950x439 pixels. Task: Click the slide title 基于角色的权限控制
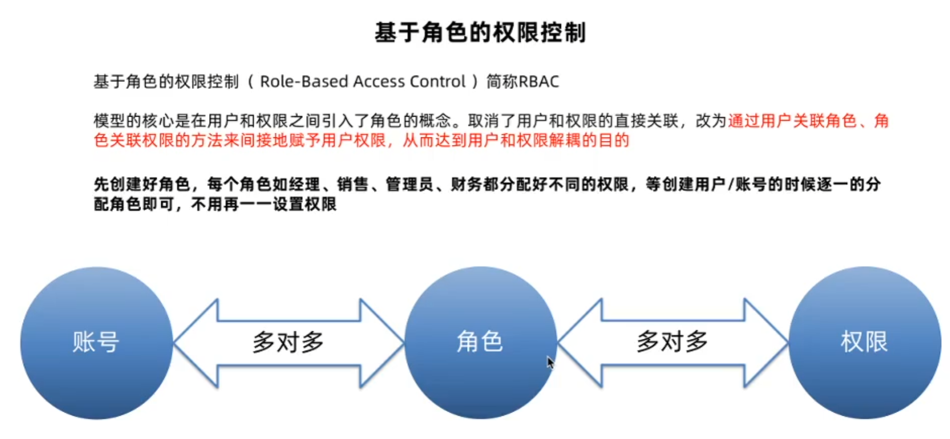click(480, 33)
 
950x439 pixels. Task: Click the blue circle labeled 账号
click(96, 342)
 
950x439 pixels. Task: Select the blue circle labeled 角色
click(480, 342)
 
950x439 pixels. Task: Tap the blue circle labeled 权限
click(864, 342)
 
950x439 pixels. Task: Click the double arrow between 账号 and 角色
click(288, 342)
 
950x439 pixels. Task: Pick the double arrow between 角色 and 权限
click(672, 342)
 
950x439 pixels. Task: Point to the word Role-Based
click(300, 82)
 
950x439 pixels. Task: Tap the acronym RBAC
click(539, 82)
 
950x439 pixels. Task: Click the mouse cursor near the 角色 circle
click(550, 362)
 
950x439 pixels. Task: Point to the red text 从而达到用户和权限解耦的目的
click(516, 140)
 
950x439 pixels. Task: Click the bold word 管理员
click(409, 184)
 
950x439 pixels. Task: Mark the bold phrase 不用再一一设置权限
click(264, 205)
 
